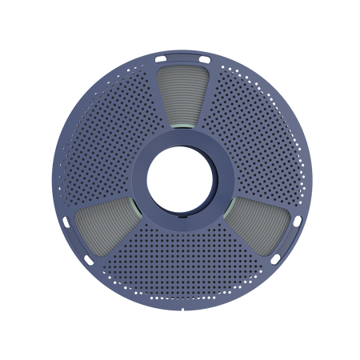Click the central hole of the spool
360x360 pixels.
180,180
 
